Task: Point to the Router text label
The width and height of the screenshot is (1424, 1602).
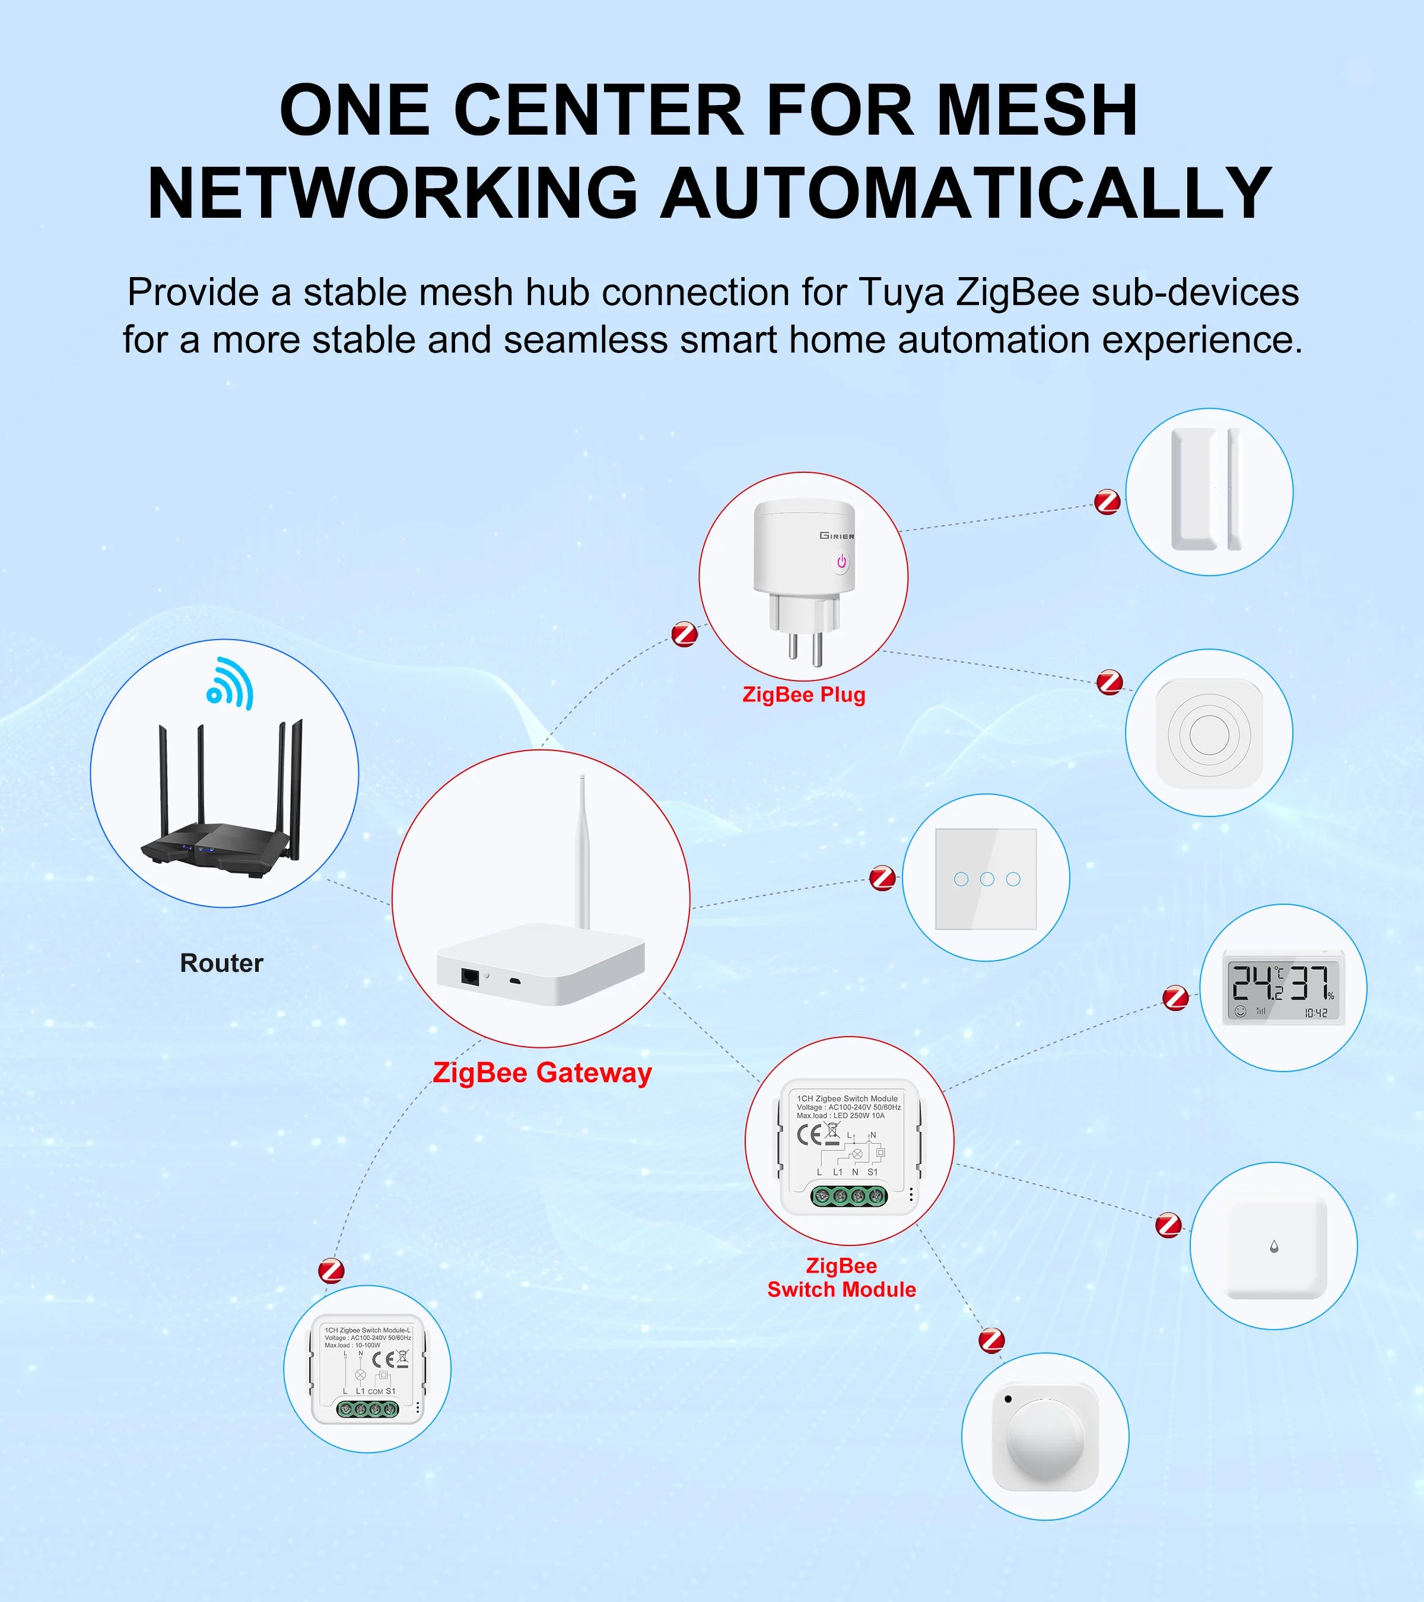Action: coord(222,962)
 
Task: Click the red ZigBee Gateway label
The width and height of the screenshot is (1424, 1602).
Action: coord(542,1072)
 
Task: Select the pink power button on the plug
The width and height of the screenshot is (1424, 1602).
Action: coord(841,562)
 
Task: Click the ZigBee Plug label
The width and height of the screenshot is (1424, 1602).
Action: coord(803,694)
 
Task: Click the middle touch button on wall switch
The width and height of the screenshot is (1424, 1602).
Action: coord(987,879)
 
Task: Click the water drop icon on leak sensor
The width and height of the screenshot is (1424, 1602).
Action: coord(1273,1246)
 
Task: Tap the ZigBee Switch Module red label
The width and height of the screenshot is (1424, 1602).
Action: coord(841,1277)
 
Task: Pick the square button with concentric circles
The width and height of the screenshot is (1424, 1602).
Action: coord(1209,733)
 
